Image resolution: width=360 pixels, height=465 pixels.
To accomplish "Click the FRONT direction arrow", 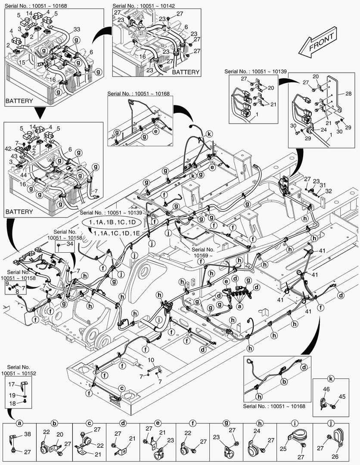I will tap(321, 44).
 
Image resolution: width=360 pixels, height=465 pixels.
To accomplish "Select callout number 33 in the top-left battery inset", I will tap(77, 29).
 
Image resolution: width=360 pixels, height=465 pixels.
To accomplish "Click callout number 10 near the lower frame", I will tap(151, 360).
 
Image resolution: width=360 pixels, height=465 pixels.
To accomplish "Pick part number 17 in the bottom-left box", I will tap(12, 384).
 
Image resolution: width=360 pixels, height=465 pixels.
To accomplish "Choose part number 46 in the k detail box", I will tap(326, 389).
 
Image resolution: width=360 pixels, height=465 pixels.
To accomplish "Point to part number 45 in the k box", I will tap(342, 397).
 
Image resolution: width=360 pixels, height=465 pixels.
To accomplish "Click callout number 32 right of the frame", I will tap(329, 190).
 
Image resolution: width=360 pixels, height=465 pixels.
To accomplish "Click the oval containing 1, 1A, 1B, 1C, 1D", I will tap(112, 222).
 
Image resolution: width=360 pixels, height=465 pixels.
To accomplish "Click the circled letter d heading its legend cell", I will tap(123, 424).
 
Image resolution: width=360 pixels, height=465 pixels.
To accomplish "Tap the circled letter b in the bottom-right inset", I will tap(284, 381).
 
